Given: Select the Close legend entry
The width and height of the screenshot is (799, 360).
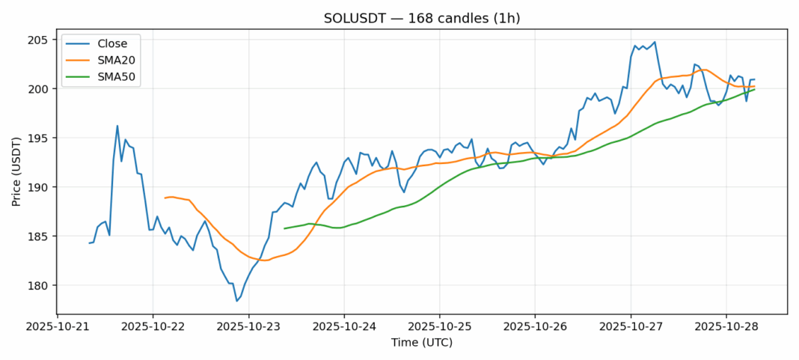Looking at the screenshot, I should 112,43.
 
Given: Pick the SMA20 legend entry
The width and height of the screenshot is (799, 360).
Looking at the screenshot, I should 115,60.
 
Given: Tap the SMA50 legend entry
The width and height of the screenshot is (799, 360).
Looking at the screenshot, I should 115,76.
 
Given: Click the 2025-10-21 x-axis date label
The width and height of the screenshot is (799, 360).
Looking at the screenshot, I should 58,327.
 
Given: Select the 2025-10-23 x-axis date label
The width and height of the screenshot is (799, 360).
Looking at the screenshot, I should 248,327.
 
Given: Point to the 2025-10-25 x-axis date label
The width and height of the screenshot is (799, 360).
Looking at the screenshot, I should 439,327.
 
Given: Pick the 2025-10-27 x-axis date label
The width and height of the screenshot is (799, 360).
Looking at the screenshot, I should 630,327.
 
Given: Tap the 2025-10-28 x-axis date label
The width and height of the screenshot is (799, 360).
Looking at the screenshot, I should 726,327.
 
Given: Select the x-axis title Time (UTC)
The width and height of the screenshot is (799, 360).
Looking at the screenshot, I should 422,342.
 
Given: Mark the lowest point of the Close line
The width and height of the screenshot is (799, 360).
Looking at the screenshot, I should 236,301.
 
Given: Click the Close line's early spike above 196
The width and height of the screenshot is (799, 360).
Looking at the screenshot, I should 117,126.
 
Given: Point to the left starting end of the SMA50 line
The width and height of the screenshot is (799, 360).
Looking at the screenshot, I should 285,228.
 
